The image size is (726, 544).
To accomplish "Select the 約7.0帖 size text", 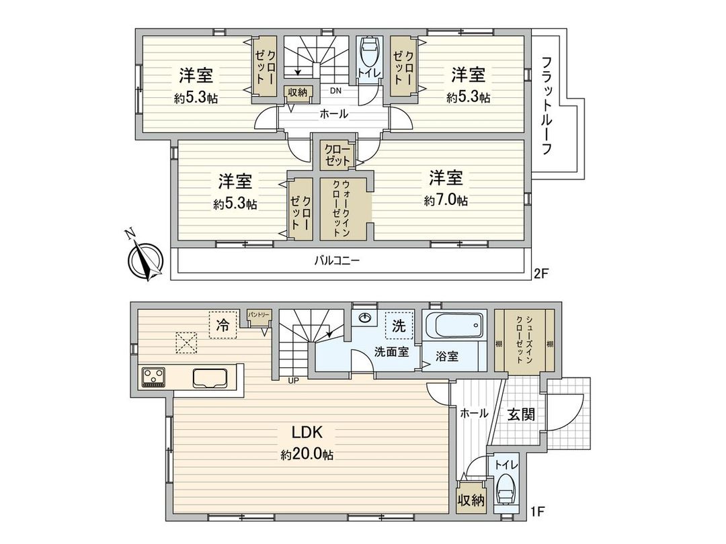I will [x=446, y=201].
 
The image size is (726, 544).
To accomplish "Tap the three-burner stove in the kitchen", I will [x=155, y=377].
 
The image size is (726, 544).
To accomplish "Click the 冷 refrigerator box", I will [x=222, y=326].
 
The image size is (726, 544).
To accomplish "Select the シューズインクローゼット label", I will [x=525, y=339].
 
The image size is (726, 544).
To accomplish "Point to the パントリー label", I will [x=259, y=315].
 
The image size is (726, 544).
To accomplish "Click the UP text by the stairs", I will [x=293, y=381].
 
